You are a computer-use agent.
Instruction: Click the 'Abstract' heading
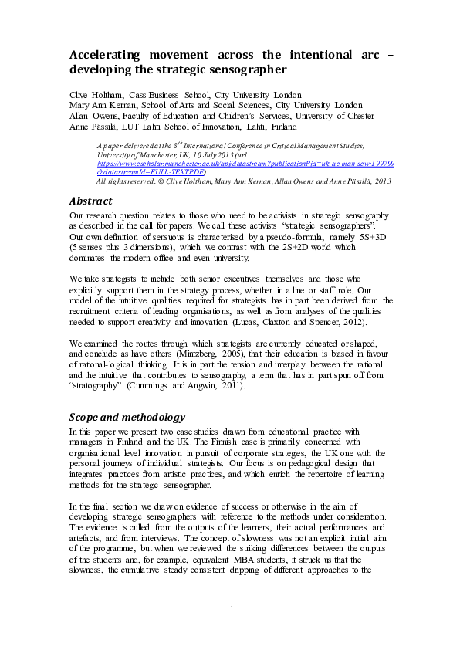click(x=91, y=201)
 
